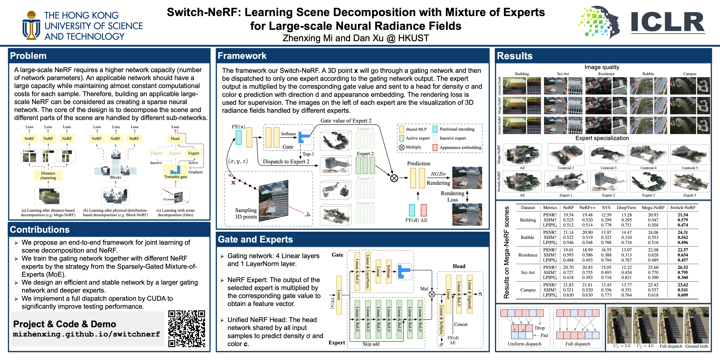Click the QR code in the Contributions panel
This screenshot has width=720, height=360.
pyautogui.click(x=186, y=328)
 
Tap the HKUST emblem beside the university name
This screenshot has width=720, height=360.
pyautogui.click(x=31, y=25)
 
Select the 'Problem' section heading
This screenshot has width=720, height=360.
pyautogui.click(x=28, y=56)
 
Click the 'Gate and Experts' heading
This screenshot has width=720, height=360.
pyautogui.click(x=255, y=240)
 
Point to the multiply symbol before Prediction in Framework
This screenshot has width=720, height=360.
pyautogui.click(x=394, y=178)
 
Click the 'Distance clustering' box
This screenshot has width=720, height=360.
pyautogui.click(x=48, y=175)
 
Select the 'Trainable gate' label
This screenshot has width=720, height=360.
pyautogui.click(x=175, y=177)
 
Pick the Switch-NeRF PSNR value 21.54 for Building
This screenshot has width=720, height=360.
pyautogui.click(x=683, y=215)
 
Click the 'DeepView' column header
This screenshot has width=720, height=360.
pyautogui.click(x=626, y=208)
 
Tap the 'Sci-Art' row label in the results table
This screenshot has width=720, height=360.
pyautogui.click(x=528, y=273)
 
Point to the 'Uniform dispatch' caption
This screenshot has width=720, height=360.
pyautogui.click(x=524, y=344)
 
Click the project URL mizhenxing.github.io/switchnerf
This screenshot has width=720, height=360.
pyautogui.click(x=86, y=334)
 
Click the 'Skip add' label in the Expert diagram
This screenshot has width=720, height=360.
pyautogui.click(x=371, y=344)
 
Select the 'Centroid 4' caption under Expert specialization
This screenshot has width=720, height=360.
pyautogui.click(x=648, y=168)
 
